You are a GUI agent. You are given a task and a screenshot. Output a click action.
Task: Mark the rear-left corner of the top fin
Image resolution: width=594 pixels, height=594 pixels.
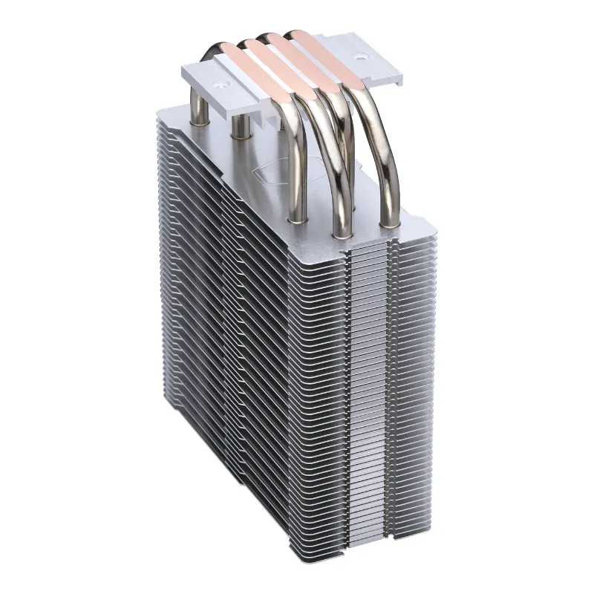(x=160, y=109)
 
